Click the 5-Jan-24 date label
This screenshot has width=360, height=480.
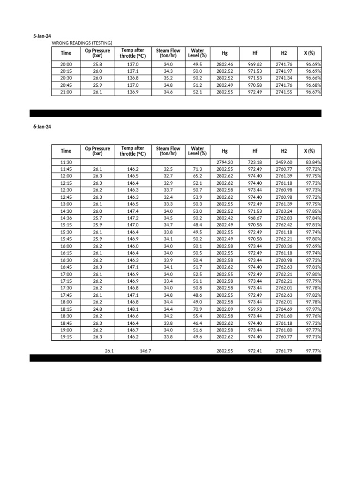click(42, 36)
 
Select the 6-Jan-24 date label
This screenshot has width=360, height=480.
click(42, 127)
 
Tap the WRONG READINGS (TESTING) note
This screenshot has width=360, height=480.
click(82, 43)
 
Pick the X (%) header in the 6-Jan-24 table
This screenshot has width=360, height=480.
click(309, 151)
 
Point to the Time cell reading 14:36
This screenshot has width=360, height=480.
click(66, 218)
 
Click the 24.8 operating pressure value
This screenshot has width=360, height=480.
click(97, 309)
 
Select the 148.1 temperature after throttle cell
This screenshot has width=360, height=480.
click(133, 309)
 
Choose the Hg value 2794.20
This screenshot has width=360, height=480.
click(225, 162)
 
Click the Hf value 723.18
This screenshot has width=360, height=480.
click(255, 162)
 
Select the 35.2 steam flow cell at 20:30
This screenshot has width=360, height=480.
click(168, 78)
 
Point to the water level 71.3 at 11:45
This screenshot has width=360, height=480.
click(197, 169)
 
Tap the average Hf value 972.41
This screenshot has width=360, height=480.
click(255, 350)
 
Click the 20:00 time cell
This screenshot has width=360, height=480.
click(66, 64)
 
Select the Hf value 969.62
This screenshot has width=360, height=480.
click(255, 64)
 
